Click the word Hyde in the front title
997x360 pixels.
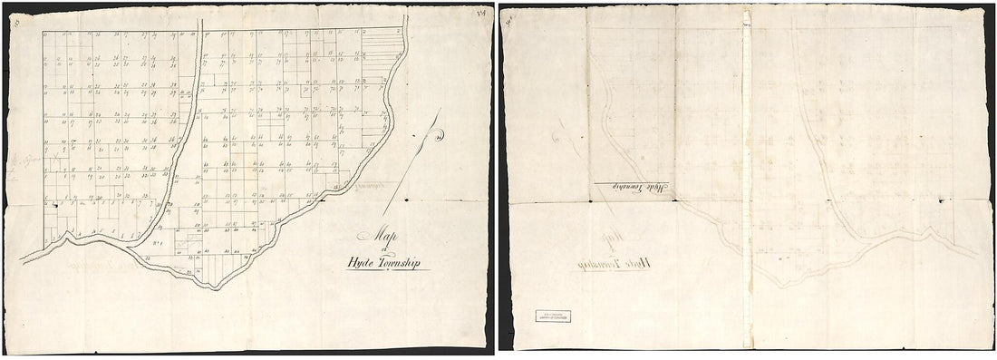pos(360,264)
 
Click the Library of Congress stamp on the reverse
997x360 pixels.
pos(552,317)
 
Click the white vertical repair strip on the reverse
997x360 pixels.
pos(745,181)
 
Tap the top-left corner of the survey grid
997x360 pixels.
pos(44,32)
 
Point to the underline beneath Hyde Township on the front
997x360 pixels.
pos(384,270)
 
